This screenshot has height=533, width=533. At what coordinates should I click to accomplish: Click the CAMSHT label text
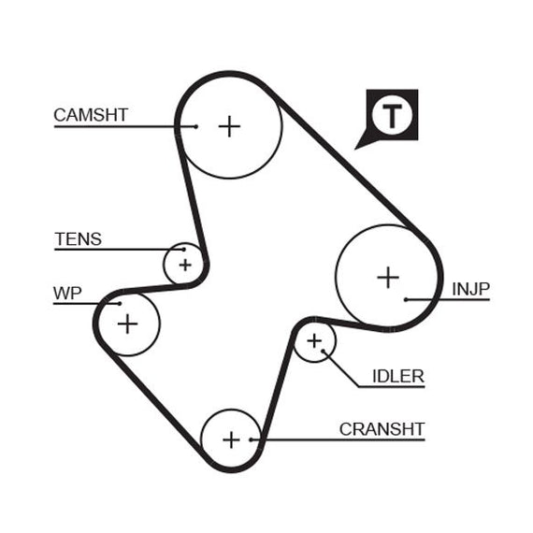91,115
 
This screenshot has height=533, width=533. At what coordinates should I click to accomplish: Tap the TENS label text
79,239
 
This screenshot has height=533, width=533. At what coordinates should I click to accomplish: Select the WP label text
67,294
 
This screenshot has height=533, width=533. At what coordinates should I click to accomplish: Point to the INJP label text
470,289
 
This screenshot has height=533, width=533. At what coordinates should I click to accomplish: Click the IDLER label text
398,376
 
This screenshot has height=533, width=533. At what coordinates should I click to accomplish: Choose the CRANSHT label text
382,429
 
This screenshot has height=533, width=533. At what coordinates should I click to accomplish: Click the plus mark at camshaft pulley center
229,126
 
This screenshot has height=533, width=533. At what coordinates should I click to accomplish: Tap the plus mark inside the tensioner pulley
185,265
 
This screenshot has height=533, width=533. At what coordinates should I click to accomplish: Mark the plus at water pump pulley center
128,324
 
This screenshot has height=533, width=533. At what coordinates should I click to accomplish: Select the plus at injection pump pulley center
388,278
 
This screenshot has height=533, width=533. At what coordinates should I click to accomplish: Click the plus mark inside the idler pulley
314,341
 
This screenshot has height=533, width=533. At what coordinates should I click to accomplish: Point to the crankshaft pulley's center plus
232,439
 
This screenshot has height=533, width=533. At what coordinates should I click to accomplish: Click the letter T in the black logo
393,116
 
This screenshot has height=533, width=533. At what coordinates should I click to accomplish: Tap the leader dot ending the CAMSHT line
195,127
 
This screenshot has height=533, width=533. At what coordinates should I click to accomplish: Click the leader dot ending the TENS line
184,250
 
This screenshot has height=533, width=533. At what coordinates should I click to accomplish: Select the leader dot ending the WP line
120,304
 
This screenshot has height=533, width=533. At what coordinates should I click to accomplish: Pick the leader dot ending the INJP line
406,299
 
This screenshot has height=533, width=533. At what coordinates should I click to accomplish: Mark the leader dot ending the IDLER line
323,351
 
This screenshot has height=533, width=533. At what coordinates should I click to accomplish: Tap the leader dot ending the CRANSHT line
251,439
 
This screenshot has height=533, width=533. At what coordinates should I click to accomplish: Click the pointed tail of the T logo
355,149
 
